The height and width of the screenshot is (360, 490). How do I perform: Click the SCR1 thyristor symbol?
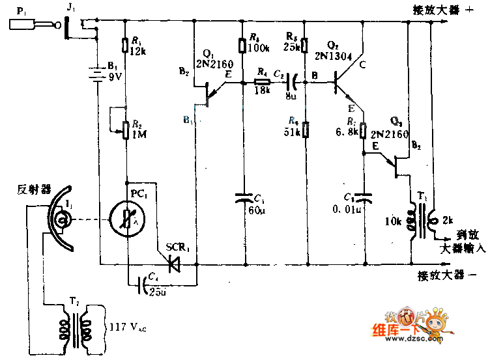click(174, 264)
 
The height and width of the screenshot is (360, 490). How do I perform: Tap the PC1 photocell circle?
click(126, 217)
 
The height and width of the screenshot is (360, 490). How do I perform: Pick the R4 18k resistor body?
click(261, 82)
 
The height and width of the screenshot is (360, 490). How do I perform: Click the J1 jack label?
click(70, 8)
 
